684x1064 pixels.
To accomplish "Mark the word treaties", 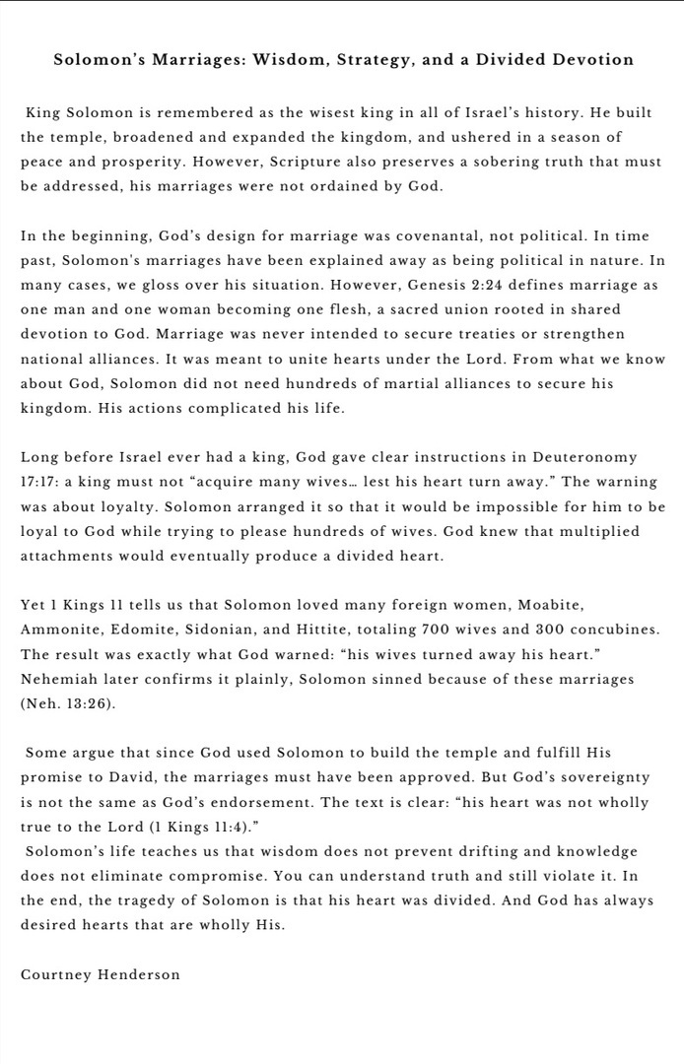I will coord(469,335).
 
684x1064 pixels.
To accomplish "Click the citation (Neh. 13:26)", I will coord(68,702).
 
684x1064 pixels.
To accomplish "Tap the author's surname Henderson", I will coord(139,974).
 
